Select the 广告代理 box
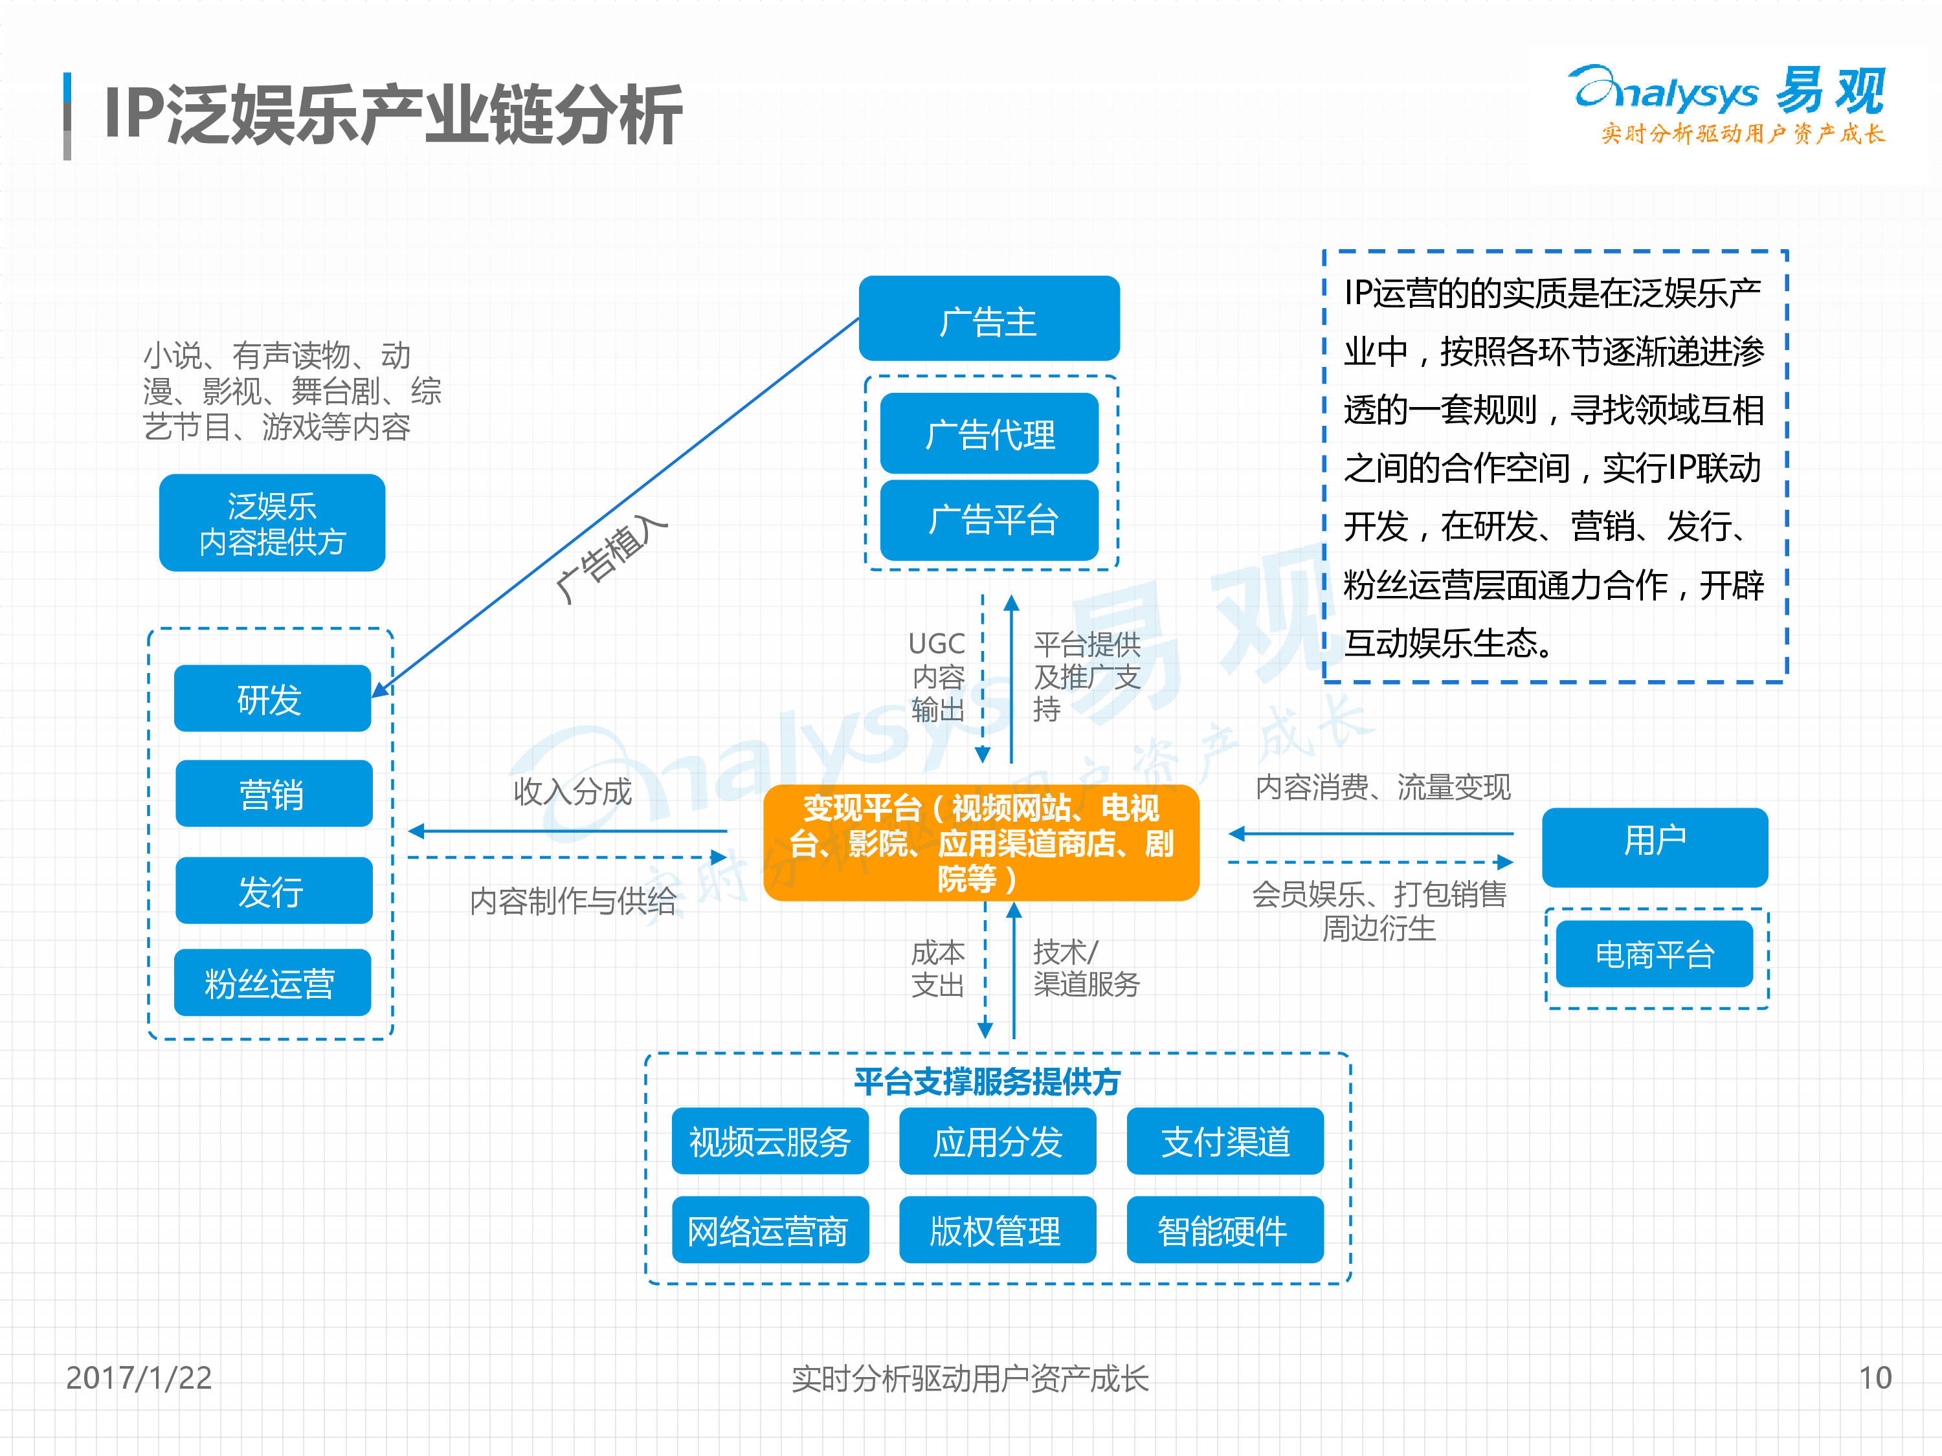click(x=989, y=434)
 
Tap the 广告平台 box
click(x=989, y=520)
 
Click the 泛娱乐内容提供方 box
click(x=272, y=523)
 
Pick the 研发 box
click(x=272, y=699)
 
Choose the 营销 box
click(x=273, y=793)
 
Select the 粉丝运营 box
click(x=272, y=982)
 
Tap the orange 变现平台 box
click(x=981, y=843)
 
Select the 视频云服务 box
click(x=770, y=1141)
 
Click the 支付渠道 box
click(x=1225, y=1141)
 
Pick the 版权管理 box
click(x=998, y=1230)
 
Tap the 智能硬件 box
click(x=1225, y=1230)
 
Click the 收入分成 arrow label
click(x=572, y=791)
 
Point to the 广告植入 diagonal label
click(x=612, y=558)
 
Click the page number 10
click(x=1875, y=1377)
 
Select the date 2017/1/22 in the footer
click(x=139, y=1377)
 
